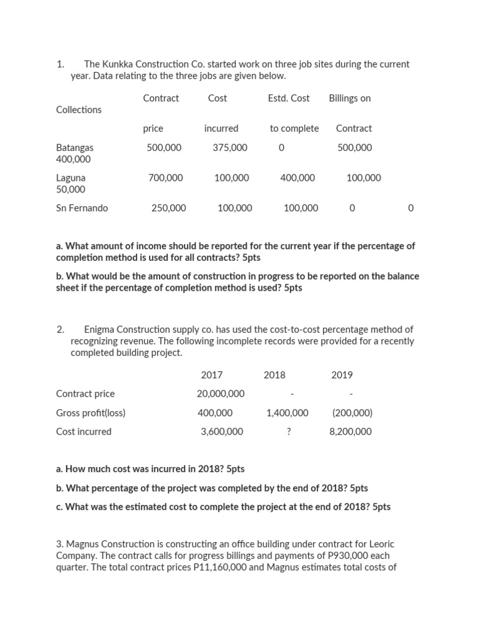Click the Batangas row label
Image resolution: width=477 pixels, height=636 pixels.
point(75,148)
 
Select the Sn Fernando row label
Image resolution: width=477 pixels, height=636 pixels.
point(81,208)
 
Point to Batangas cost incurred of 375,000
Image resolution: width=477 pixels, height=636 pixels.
point(229,148)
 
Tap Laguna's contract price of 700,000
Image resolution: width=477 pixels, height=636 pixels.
point(166,178)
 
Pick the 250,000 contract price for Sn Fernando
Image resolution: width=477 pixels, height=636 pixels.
point(168,208)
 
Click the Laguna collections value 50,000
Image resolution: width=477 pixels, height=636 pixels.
point(71,189)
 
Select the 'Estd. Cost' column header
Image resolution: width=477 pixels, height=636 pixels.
point(288,98)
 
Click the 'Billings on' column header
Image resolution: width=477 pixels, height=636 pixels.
point(350,98)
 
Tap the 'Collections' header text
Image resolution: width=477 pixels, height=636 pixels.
point(79,110)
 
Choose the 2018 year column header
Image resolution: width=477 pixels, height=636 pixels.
point(275,375)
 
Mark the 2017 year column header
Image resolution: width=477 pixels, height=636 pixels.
point(212,375)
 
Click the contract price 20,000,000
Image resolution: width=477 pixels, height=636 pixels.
point(220,394)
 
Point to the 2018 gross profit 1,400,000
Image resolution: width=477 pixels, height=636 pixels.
point(287,413)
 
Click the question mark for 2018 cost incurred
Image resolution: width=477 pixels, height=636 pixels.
point(289,432)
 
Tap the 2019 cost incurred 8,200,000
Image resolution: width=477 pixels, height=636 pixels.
point(351,432)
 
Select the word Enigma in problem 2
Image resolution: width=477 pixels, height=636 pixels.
point(99,330)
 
